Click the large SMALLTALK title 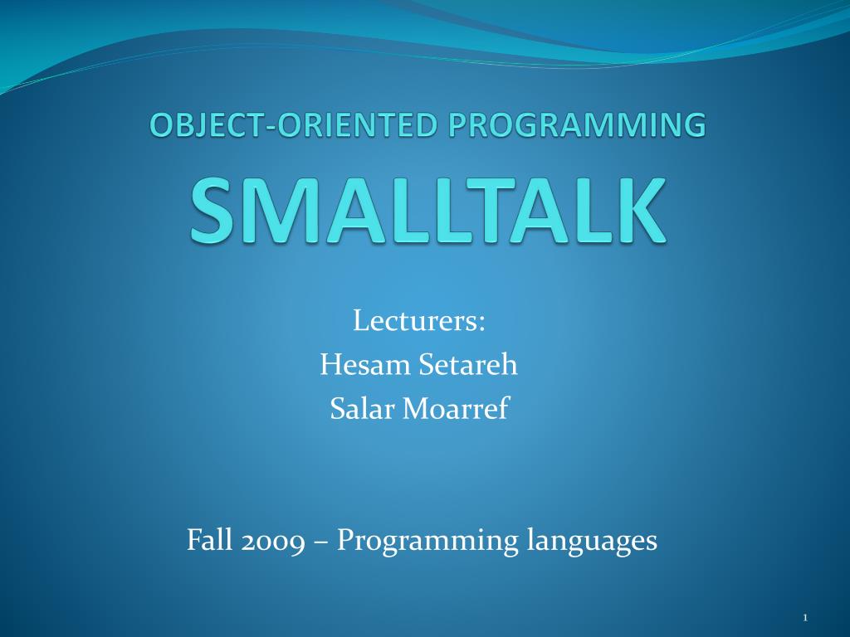point(427,211)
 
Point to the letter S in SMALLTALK point(212,211)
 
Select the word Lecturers point(416,321)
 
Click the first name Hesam point(365,365)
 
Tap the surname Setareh point(468,365)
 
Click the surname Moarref point(456,408)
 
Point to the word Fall point(209,539)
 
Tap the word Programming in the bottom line point(427,541)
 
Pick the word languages point(593,541)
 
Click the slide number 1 point(805,617)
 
